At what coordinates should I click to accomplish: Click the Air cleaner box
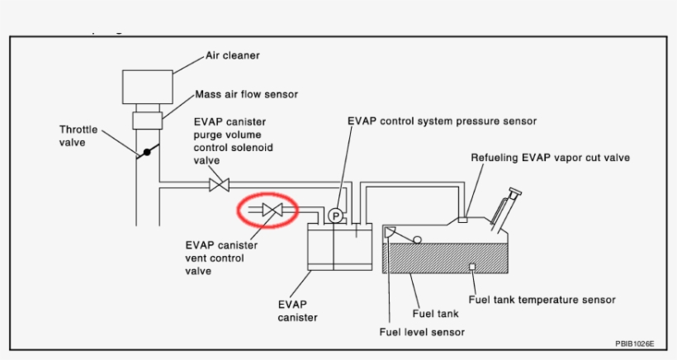click(x=148, y=85)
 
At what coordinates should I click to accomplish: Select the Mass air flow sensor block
click(x=148, y=121)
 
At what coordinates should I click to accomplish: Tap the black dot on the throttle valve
click(x=146, y=152)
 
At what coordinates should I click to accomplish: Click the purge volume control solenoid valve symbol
click(x=219, y=184)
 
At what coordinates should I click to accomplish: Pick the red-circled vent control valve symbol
click(x=272, y=211)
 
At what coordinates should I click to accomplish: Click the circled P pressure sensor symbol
click(x=334, y=216)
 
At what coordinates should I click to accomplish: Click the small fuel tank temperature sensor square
click(x=471, y=266)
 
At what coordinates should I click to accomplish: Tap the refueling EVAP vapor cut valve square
click(x=463, y=220)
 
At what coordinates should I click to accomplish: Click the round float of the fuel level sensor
click(x=418, y=239)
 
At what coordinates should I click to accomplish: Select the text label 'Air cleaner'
click(x=233, y=57)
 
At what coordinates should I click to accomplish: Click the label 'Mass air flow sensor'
click(x=246, y=94)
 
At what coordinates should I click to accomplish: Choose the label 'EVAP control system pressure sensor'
click(x=442, y=121)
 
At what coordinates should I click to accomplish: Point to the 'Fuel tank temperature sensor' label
click(x=542, y=300)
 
